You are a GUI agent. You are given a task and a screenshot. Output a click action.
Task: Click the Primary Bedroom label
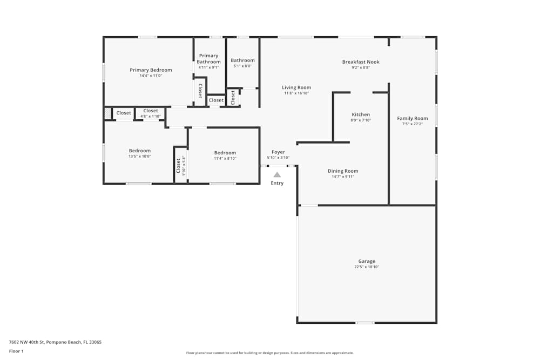151,70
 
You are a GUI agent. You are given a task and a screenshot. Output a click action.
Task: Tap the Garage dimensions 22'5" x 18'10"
367,267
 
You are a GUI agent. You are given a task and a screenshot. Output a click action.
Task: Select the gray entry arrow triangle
277,174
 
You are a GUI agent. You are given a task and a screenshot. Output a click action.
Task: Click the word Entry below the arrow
277,183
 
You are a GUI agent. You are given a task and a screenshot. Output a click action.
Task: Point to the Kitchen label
361,114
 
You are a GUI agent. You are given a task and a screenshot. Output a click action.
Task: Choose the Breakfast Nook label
361,62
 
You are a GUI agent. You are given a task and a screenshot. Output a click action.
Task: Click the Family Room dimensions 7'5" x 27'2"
413,124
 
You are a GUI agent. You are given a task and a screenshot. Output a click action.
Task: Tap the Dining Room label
343,171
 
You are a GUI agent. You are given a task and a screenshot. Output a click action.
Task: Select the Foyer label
278,152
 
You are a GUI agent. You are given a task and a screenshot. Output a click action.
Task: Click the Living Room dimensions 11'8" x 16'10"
296,93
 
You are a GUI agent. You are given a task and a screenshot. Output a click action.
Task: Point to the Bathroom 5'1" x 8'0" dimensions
242,66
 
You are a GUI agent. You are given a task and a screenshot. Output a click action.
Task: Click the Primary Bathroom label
208,59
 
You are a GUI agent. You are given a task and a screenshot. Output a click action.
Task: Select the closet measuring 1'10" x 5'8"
178,165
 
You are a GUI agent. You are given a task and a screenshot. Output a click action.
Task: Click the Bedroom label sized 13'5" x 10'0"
140,151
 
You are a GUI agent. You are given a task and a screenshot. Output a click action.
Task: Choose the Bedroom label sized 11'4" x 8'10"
225,153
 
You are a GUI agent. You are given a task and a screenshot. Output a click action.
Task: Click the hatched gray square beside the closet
107,113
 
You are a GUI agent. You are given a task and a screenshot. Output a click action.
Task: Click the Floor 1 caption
16,351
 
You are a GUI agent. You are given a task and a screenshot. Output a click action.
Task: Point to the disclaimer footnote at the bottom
270,353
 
